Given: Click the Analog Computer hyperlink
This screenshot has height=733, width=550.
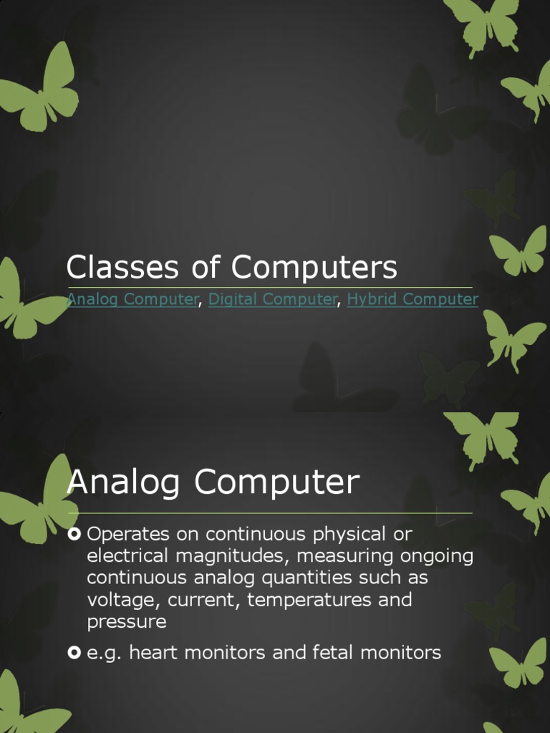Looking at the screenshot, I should click(x=131, y=299).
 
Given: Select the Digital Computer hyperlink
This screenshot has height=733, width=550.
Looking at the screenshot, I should click(x=272, y=299).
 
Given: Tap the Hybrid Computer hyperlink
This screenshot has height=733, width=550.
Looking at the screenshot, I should click(x=412, y=299).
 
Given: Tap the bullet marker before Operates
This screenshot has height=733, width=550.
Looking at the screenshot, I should click(x=74, y=534).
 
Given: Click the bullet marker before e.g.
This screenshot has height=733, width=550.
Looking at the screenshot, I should click(x=74, y=652).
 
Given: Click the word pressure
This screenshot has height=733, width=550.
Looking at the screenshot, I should click(x=126, y=621).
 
